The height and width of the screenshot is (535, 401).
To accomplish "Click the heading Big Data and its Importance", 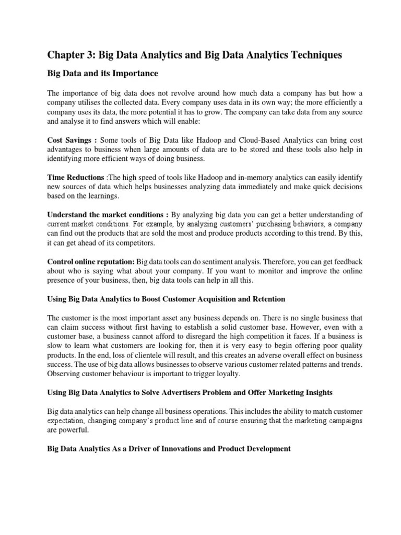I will click(102, 73).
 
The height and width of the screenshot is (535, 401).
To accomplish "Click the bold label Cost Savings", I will click(69, 141).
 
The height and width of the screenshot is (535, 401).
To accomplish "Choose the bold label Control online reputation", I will click(91, 261).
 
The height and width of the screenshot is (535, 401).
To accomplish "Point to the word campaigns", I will click(343, 421).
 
